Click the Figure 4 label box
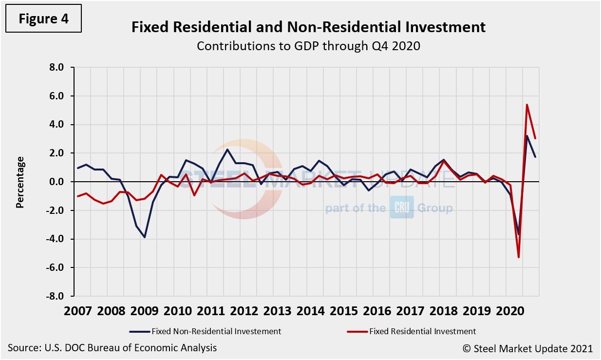point(44,19)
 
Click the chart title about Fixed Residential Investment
point(308,27)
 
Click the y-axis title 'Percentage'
point(20,182)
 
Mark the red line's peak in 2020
point(527,105)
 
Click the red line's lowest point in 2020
point(519,257)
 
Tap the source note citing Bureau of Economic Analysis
point(113,348)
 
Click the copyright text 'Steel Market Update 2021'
point(527,348)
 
